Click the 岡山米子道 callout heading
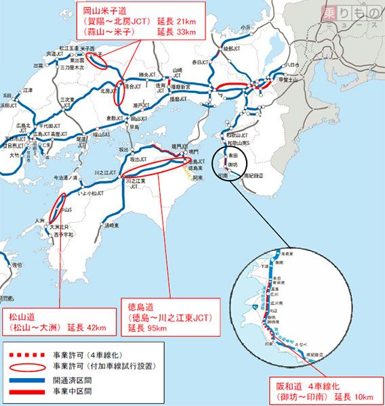pos(92,11)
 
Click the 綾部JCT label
pos(229,49)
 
